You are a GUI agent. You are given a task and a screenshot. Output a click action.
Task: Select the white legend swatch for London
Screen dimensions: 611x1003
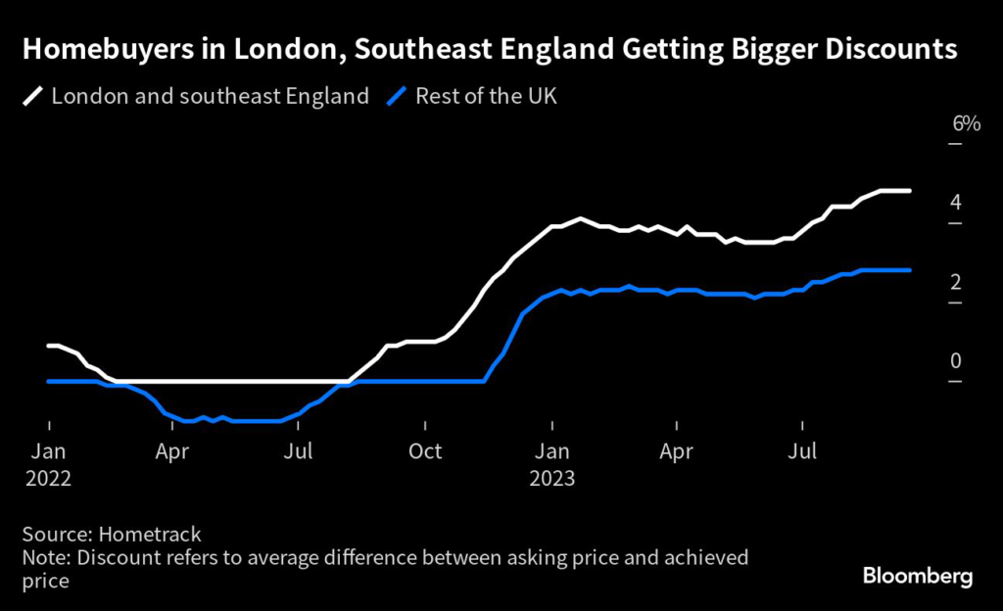[33, 96]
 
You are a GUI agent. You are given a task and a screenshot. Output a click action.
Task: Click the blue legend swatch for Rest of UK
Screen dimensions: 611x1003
[398, 96]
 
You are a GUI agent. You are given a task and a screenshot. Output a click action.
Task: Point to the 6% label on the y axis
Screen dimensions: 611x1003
[966, 123]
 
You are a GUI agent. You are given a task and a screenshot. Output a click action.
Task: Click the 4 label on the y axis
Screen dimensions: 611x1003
[955, 203]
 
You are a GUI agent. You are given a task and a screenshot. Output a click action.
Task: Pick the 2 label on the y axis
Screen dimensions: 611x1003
[955, 282]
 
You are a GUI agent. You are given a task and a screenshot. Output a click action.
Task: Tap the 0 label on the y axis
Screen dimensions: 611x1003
[955, 361]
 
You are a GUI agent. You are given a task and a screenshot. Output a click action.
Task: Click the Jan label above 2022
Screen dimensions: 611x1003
[49, 452]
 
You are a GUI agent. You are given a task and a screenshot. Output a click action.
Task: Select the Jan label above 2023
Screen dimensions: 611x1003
[552, 452]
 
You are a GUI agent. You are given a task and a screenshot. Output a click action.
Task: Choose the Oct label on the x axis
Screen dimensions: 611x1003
[425, 452]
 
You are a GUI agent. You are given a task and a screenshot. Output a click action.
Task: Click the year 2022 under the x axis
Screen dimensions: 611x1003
[49, 479]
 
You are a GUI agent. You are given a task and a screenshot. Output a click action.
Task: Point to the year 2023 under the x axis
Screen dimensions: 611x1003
[552, 479]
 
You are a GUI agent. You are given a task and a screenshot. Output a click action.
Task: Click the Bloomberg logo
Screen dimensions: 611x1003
[918, 576]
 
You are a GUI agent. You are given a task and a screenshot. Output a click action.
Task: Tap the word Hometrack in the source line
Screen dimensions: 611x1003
[155, 534]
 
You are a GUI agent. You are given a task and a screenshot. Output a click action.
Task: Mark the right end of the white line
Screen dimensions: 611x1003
[910, 191]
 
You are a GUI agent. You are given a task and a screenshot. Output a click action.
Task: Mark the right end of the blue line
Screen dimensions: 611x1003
[910, 270]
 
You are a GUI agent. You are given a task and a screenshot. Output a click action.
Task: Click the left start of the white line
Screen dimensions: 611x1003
[49, 346]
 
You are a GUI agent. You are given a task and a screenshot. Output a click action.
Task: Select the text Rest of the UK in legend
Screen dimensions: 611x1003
[486, 96]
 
